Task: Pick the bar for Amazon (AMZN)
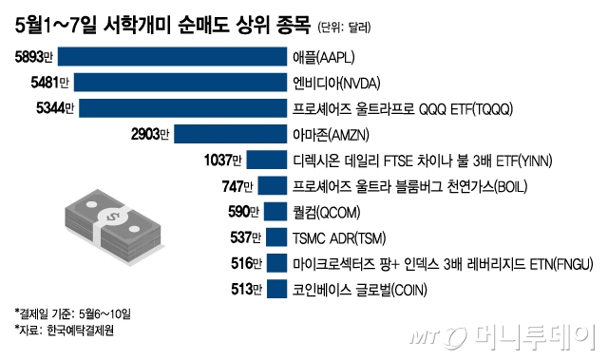[229, 133]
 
